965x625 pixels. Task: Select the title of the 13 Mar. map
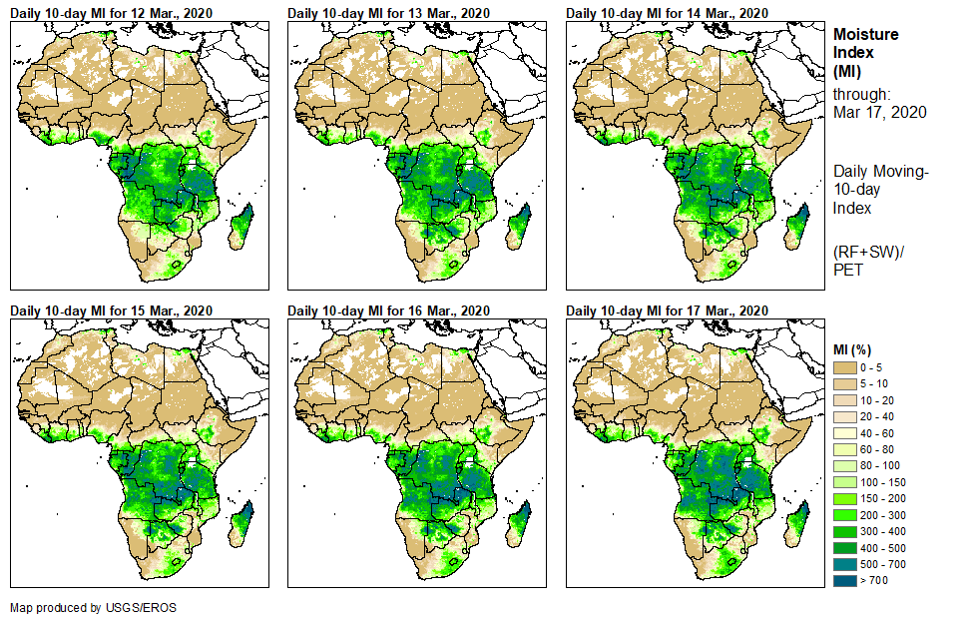pos(389,13)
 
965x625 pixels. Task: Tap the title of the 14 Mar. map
pos(667,13)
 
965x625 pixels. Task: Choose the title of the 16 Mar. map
pos(389,311)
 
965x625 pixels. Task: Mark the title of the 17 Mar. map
pos(667,311)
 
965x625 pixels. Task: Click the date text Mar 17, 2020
pos(879,112)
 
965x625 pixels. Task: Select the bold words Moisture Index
pos(865,43)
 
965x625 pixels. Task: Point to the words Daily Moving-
pos(881,172)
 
